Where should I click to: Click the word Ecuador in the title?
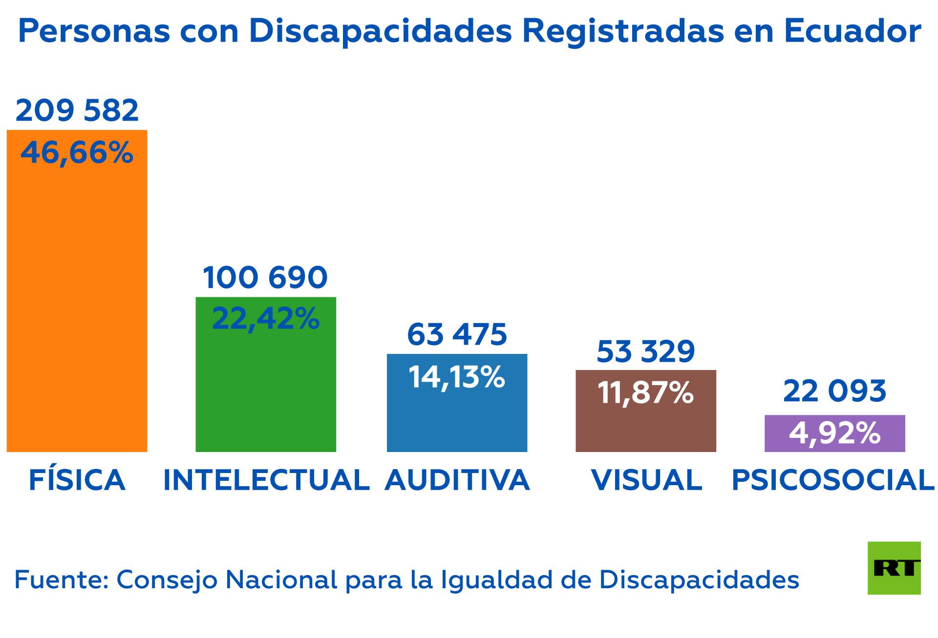pyautogui.click(x=853, y=31)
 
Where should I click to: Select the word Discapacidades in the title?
pyautogui.click(x=381, y=31)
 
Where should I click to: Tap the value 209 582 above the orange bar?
pyautogui.click(x=77, y=110)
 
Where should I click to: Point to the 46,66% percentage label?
pyautogui.click(x=77, y=152)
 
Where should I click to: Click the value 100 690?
pyautogui.click(x=265, y=277)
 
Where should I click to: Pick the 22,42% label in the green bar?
pyautogui.click(x=266, y=319)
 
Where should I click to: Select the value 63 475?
pyautogui.click(x=457, y=335)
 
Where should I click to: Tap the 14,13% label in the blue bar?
pyautogui.click(x=457, y=377)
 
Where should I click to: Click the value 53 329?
pyautogui.click(x=646, y=351)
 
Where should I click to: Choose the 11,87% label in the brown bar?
pyautogui.click(x=646, y=392)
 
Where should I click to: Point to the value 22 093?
pyautogui.click(x=834, y=391)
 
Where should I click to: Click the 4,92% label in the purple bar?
pyautogui.click(x=834, y=433)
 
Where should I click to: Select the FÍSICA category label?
pyautogui.click(x=77, y=480)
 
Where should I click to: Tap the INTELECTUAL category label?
pyautogui.click(x=266, y=480)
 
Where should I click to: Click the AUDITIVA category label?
pyautogui.click(x=457, y=480)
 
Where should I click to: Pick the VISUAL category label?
pyautogui.click(x=647, y=480)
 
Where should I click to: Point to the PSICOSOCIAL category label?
pyautogui.click(x=833, y=480)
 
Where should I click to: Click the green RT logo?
pyautogui.click(x=894, y=568)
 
